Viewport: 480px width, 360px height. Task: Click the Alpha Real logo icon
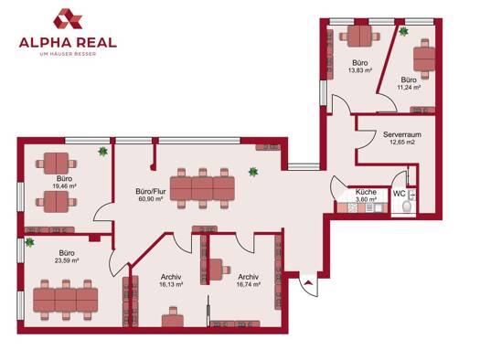click(68, 18)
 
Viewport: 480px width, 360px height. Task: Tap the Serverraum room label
click(402, 134)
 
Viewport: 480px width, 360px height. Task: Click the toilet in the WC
click(407, 206)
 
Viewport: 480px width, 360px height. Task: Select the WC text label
click(400, 194)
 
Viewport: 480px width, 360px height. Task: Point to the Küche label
click(366, 192)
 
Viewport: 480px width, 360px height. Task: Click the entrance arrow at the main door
click(309, 282)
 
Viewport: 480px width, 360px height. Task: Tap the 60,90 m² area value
click(150, 199)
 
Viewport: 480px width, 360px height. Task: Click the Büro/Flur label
click(151, 192)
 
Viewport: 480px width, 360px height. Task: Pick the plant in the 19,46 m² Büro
click(102, 151)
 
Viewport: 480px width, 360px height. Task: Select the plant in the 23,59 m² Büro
click(29, 242)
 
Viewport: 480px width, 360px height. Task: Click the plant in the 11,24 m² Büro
click(404, 31)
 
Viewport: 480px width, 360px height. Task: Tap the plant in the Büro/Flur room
click(253, 172)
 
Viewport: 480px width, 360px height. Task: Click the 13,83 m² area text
click(360, 70)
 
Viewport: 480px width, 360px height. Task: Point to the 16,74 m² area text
click(249, 284)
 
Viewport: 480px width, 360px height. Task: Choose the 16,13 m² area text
click(171, 284)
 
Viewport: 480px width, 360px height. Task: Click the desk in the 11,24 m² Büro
click(424, 58)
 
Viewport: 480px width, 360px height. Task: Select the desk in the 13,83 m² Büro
click(359, 37)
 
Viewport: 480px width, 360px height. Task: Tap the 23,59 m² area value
click(67, 261)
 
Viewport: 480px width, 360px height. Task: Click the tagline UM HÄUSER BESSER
click(69, 54)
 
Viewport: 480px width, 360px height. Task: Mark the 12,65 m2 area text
click(402, 142)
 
